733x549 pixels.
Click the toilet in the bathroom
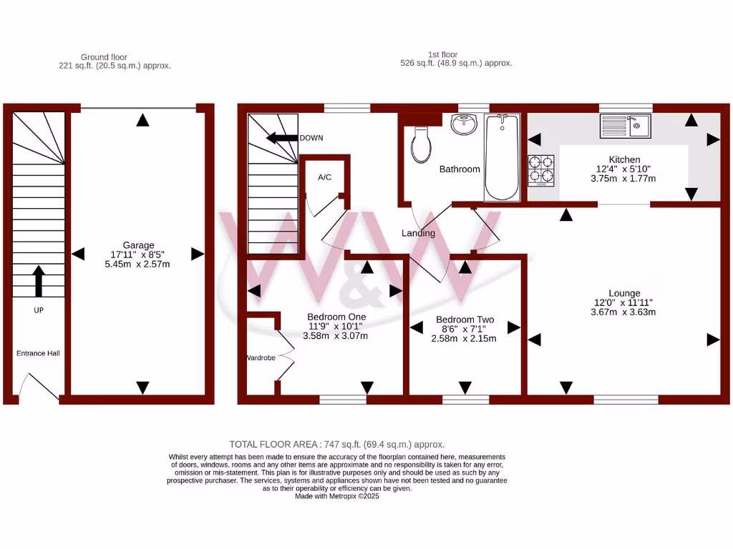421,144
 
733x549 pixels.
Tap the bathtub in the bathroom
503,157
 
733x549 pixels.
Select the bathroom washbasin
464,125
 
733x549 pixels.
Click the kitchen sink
625,127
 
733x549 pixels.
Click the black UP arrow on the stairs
39,281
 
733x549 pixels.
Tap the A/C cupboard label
324,177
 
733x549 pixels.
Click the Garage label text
137,245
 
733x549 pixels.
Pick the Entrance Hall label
39,353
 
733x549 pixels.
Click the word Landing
418,233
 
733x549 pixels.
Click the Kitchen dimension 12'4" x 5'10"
624,169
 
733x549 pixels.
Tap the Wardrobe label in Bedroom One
261,357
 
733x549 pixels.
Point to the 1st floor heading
443,54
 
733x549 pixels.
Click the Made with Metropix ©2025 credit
336,496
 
